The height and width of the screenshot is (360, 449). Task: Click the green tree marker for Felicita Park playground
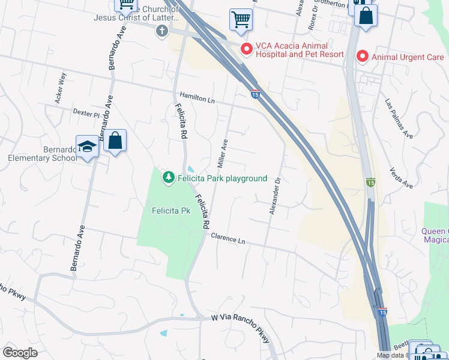click(x=169, y=178)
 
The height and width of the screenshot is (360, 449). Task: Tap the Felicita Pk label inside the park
click(x=170, y=211)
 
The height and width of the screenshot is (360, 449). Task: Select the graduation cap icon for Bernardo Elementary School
click(x=87, y=147)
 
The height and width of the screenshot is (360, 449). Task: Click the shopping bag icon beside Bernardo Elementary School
click(x=115, y=142)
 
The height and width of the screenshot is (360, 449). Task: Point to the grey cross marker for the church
click(x=161, y=32)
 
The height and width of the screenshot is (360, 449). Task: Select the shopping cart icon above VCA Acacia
click(x=241, y=19)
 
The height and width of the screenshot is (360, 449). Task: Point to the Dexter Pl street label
click(x=86, y=113)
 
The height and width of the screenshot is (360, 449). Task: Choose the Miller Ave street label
click(x=221, y=154)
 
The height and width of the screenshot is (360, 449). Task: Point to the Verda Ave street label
click(x=401, y=177)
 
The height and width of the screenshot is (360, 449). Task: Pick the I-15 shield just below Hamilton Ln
click(x=255, y=94)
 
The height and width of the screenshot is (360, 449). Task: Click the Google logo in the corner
click(x=20, y=353)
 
